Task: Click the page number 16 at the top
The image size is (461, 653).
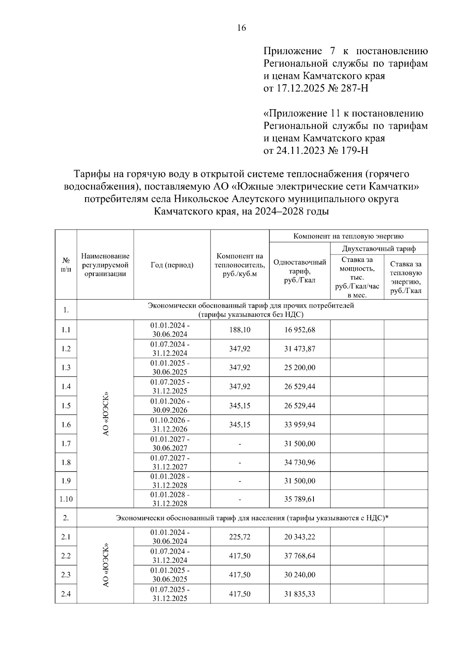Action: [242, 28]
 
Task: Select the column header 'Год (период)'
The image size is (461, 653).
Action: [172, 265]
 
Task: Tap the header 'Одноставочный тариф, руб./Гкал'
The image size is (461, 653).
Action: [300, 271]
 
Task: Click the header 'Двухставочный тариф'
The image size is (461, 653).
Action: [379, 249]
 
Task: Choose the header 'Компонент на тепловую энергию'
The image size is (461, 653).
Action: [348, 236]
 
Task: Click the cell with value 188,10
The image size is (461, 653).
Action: [240, 330]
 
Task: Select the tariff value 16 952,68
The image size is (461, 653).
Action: [300, 330]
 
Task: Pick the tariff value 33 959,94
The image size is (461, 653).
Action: [300, 425]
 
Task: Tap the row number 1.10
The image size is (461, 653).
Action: [66, 499]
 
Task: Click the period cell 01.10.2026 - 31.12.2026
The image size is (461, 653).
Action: [170, 425]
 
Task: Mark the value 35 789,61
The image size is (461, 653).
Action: [300, 499]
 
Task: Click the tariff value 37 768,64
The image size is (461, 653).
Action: [300, 556]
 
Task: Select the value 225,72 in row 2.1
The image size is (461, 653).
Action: [240, 537]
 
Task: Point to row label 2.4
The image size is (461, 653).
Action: [66, 594]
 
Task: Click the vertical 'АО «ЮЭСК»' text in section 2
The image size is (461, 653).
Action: [106, 565]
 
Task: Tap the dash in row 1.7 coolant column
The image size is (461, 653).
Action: [240, 444]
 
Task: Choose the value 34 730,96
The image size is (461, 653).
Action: [300, 462]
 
